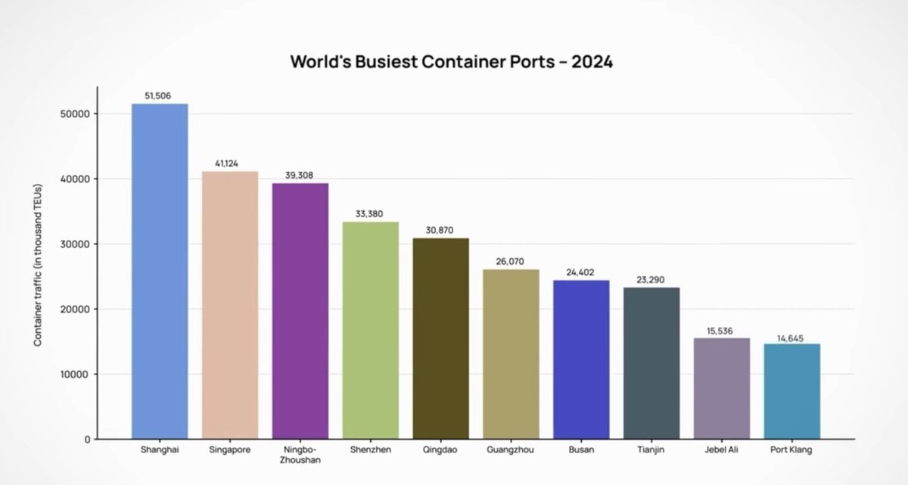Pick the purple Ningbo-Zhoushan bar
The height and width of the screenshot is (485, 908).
(300, 311)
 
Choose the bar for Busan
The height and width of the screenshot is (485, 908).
(581, 359)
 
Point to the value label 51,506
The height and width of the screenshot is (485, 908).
(160, 96)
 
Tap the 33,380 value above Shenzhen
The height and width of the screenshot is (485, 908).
(370, 214)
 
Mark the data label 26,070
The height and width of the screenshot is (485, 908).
(511, 261)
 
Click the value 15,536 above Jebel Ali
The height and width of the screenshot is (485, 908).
(722, 330)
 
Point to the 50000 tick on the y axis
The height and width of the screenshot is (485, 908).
(75, 113)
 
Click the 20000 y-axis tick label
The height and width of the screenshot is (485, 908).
(75, 309)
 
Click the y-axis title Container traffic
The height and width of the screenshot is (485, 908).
(38, 266)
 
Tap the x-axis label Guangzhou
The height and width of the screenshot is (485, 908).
(511, 450)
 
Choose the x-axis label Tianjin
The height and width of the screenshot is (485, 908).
(651, 450)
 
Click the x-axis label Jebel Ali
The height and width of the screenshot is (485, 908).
(722, 450)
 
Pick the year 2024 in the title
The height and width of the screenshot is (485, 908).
(592, 62)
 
